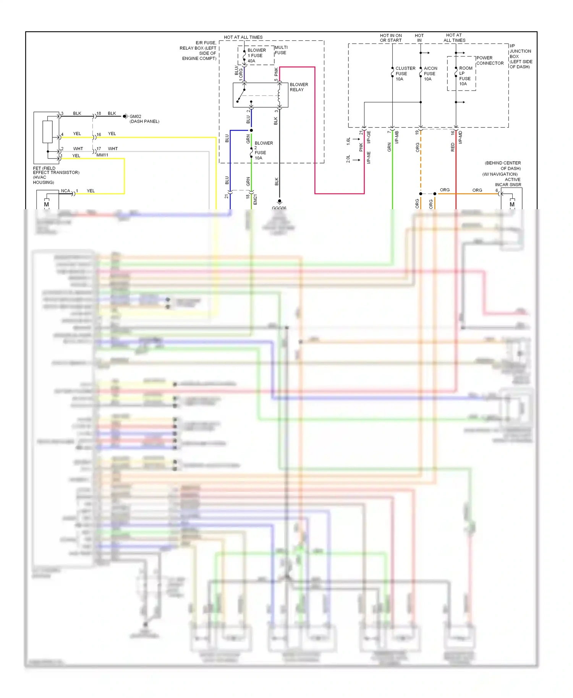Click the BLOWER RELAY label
298,87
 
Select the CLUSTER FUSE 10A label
405,74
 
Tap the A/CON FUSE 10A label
430,74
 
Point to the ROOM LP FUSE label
465,76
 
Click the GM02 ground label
136,116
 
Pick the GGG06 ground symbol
279,202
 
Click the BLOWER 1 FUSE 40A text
256,55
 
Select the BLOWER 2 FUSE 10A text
263,150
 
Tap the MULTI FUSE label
281,50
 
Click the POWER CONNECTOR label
490,60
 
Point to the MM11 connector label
102,155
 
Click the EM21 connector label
255,199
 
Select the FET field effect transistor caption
56,175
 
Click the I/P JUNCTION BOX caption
520,56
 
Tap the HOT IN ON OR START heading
390,38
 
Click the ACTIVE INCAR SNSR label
508,182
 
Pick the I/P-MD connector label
460,137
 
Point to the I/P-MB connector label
397,137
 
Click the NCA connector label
65,191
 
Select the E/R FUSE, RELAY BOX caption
199,50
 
